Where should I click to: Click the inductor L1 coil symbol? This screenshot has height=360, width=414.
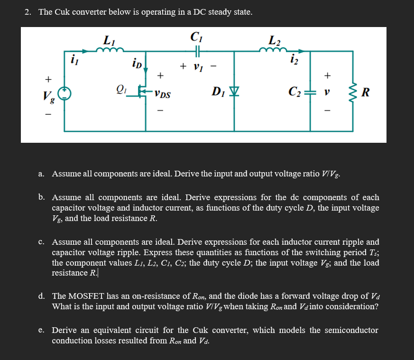113,49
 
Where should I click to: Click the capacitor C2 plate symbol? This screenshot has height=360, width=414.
310,91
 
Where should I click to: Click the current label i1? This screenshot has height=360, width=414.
74,60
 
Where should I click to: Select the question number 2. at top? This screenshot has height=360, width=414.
28,12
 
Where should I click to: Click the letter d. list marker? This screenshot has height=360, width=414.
42,296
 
